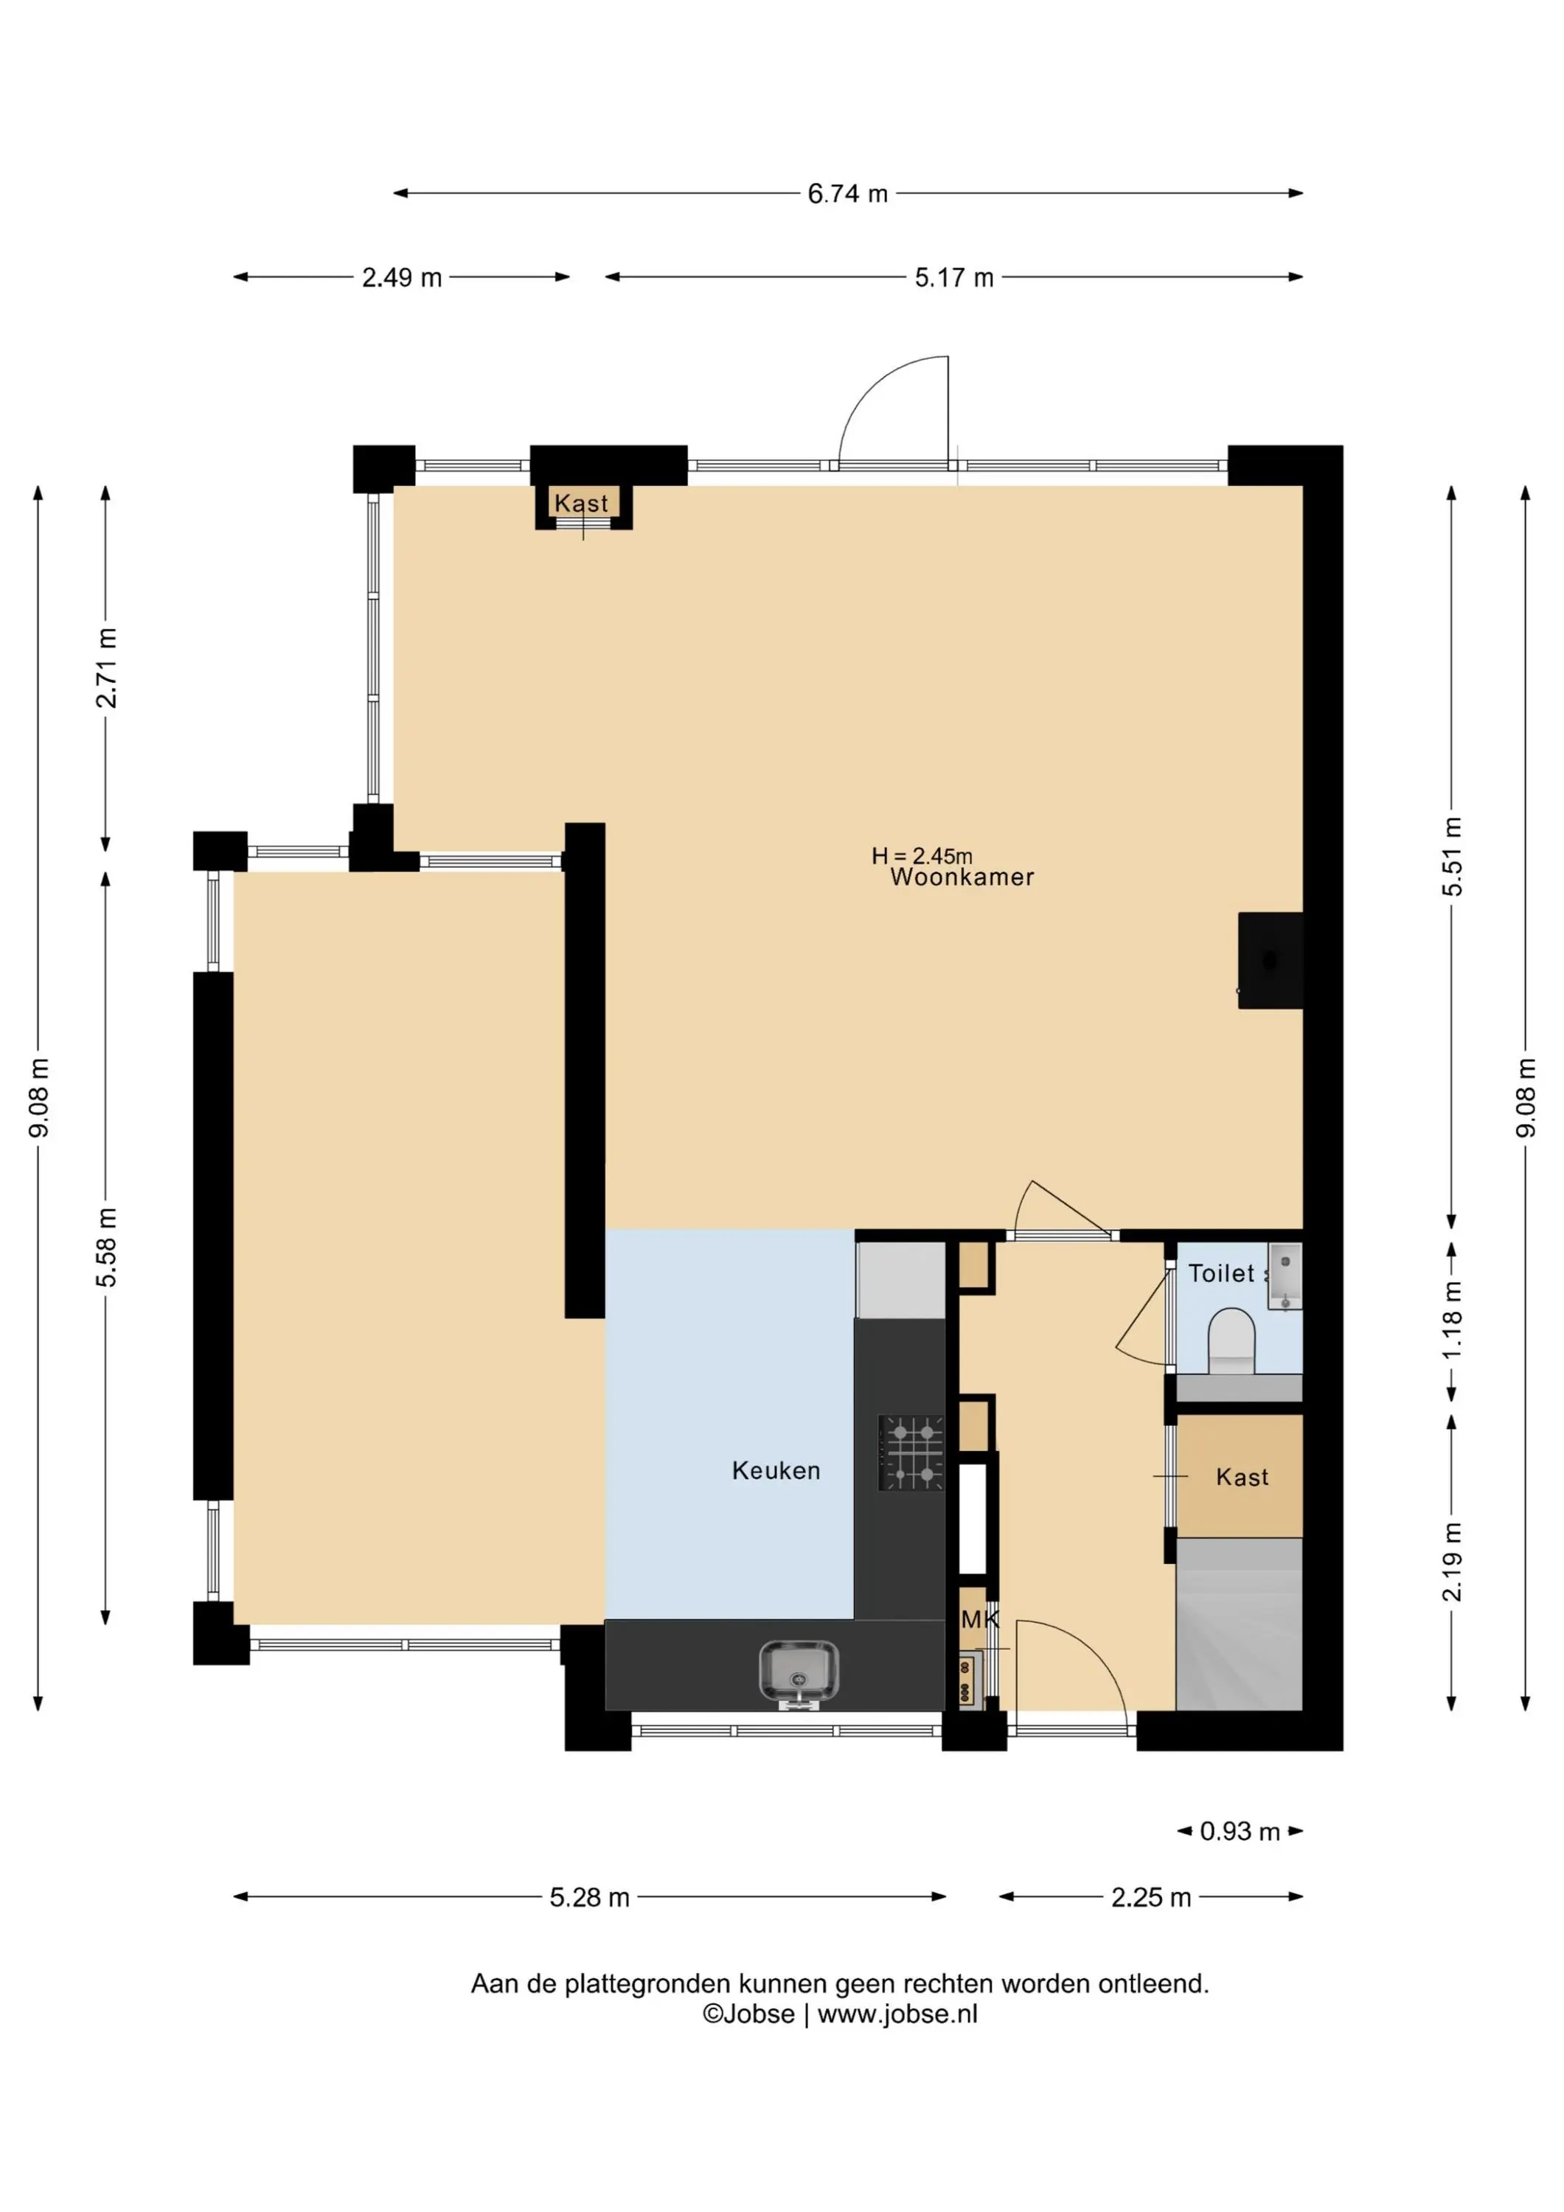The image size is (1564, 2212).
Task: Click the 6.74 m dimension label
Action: [x=847, y=194]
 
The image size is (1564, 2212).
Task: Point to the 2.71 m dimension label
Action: [x=106, y=667]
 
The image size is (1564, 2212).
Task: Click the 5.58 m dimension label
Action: [x=106, y=1248]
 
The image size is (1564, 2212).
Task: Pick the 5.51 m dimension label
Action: [x=1452, y=857]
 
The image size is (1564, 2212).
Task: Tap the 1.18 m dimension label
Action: [x=1452, y=1320]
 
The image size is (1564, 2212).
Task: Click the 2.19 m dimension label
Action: [x=1452, y=1562]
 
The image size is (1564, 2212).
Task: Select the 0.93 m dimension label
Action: [x=1240, y=1832]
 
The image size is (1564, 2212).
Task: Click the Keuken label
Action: [x=776, y=1470]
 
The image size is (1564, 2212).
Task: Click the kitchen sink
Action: [x=799, y=1674]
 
